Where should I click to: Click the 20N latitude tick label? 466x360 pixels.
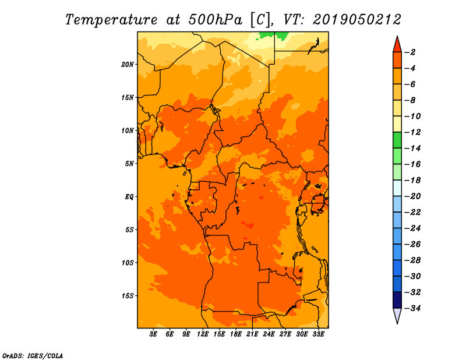(127, 65)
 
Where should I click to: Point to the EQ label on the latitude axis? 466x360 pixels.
(129, 197)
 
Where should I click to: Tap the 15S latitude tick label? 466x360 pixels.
(128, 296)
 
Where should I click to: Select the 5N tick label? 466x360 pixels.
(129, 164)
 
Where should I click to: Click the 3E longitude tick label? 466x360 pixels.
(153, 334)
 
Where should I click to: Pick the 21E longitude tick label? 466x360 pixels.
(252, 334)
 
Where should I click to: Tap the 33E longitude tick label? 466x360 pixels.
(318, 334)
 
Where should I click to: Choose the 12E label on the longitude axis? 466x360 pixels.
(203, 334)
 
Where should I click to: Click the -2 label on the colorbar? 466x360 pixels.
(410, 52)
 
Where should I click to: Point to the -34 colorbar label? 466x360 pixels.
(412, 308)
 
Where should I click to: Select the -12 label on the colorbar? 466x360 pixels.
(412, 132)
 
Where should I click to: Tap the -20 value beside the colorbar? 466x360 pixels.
(412, 196)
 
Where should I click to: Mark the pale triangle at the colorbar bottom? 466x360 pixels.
(397, 315)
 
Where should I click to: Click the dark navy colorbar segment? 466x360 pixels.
(397, 300)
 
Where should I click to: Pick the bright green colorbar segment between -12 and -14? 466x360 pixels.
(397, 140)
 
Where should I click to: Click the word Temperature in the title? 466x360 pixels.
(111, 20)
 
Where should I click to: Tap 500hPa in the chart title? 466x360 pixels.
(216, 20)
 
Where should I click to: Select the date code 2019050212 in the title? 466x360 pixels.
(357, 20)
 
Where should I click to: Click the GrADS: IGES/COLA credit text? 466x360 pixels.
(33, 355)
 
